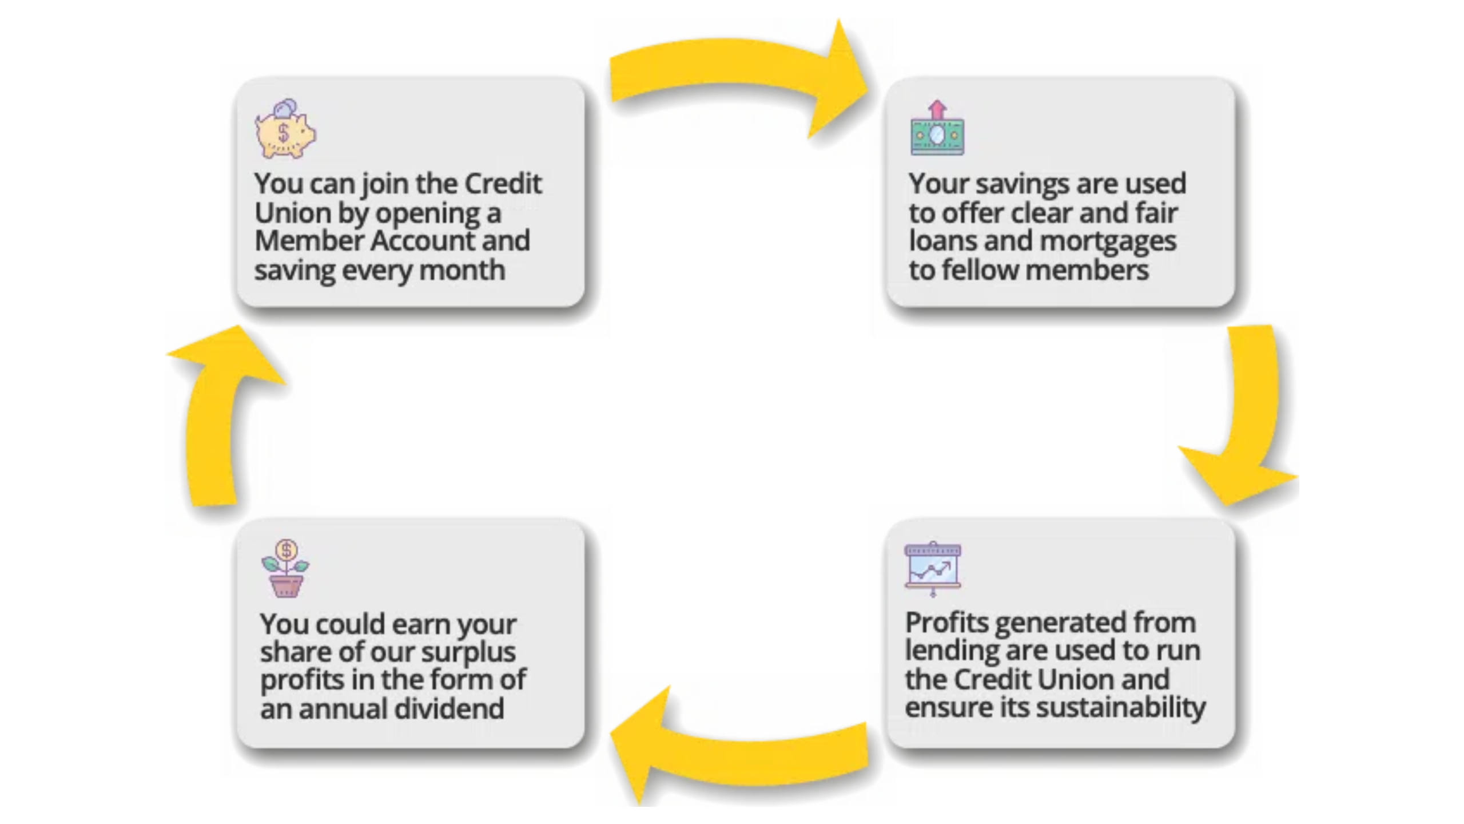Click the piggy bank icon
[x=285, y=129]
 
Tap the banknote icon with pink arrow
[x=937, y=128]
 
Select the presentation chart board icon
[x=933, y=569]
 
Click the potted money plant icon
[x=285, y=568]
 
